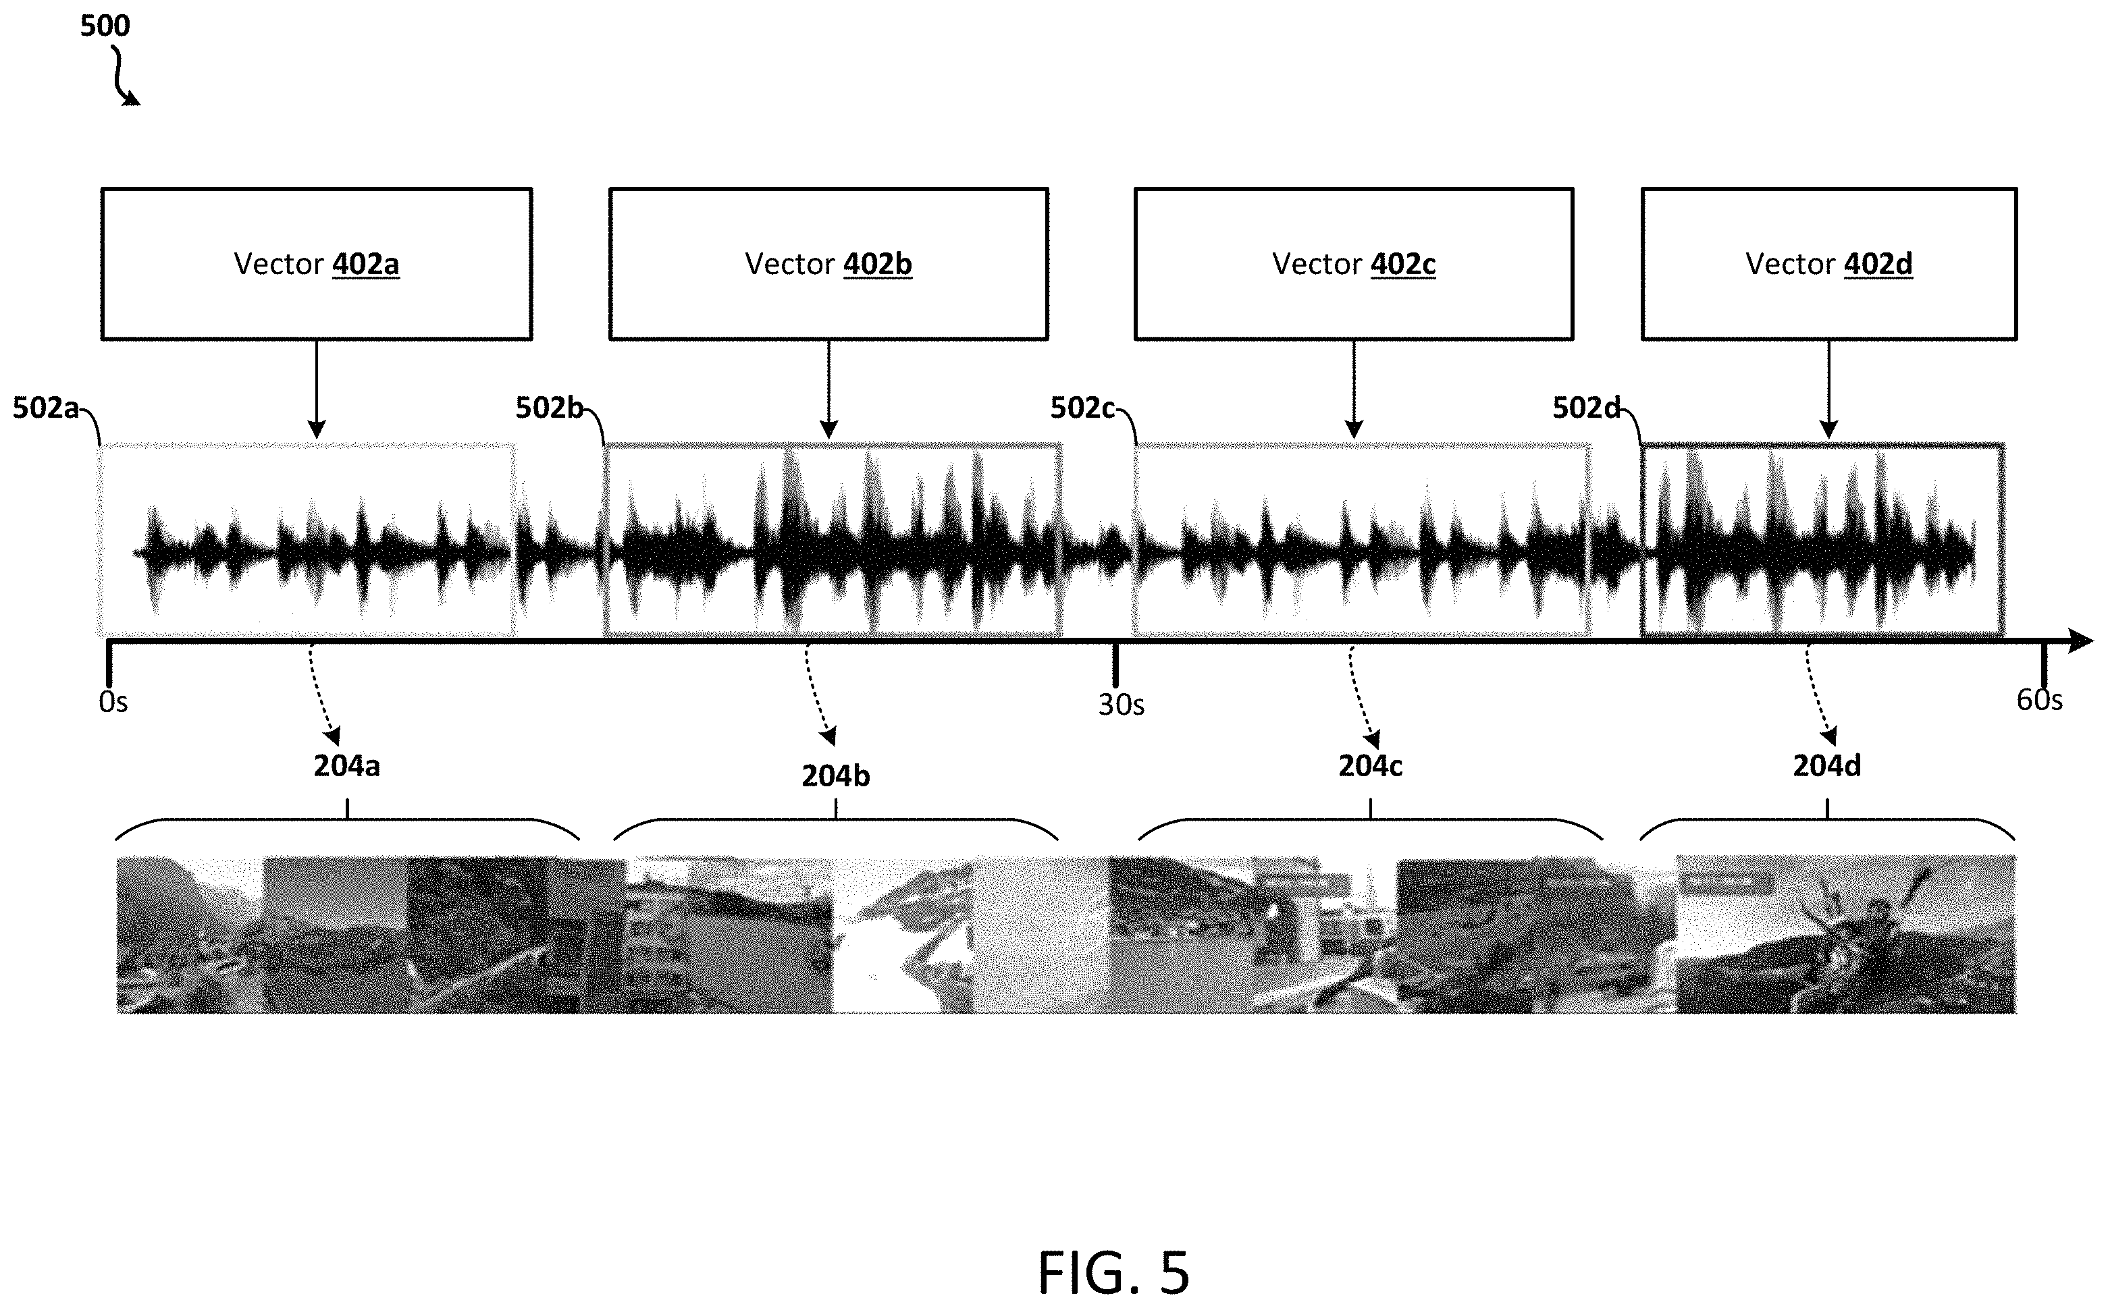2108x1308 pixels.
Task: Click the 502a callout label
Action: (x=46, y=408)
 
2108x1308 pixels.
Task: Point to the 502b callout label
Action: (x=550, y=408)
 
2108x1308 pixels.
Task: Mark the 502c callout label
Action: (x=1082, y=408)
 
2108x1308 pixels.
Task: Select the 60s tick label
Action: (x=2040, y=700)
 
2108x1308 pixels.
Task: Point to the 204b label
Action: (x=836, y=777)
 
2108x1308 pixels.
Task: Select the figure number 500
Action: (x=105, y=26)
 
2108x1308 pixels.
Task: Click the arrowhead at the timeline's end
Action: (x=2080, y=641)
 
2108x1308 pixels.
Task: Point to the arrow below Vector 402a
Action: (x=317, y=389)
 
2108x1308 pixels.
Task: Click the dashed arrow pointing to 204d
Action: (x=1816, y=694)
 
